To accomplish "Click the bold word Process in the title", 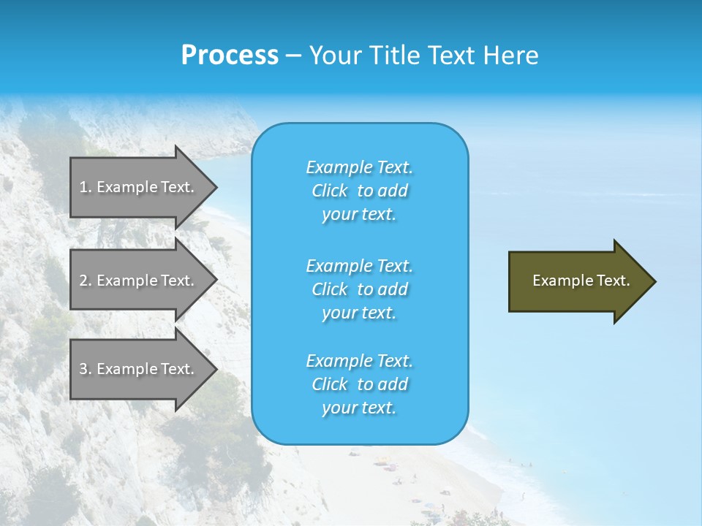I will point(230,56).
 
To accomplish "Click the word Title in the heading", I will point(393,56).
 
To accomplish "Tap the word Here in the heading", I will point(511,56).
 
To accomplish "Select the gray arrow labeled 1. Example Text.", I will point(139,187).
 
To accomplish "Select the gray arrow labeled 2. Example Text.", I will point(139,281).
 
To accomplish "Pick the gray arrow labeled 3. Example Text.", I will point(139,369).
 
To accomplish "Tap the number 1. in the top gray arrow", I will point(86,187).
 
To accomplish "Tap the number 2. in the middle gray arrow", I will point(86,281).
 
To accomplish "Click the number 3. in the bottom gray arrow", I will point(86,369).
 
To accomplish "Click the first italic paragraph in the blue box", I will point(359,191).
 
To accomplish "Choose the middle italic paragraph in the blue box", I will point(359,289).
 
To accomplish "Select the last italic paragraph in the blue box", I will point(359,384).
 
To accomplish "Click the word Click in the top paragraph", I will point(330,191).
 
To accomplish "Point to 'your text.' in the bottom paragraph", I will point(359,408).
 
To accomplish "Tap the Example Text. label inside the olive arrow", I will point(581,281).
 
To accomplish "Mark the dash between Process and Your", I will point(293,56).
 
